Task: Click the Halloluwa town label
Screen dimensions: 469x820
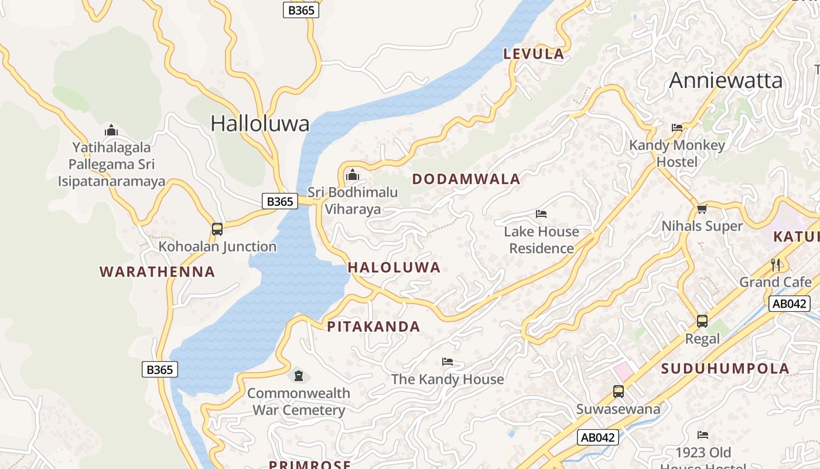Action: pyautogui.click(x=259, y=124)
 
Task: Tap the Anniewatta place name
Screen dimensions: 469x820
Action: pyautogui.click(x=725, y=80)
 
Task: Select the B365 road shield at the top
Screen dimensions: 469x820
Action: pyautogui.click(x=301, y=10)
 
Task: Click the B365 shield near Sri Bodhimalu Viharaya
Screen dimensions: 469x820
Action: pyautogui.click(x=279, y=201)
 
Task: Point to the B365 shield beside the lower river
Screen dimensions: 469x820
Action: pyautogui.click(x=159, y=369)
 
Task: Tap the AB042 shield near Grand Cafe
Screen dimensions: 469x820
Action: pyautogui.click(x=789, y=303)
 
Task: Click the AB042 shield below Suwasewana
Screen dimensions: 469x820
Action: pyautogui.click(x=598, y=437)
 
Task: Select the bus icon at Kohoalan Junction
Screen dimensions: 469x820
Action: pyautogui.click(x=217, y=229)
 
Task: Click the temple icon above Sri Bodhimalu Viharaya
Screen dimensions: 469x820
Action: pyautogui.click(x=353, y=175)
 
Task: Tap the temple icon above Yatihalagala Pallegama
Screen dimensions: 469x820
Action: pyautogui.click(x=111, y=130)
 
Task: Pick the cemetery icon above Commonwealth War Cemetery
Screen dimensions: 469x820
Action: pyautogui.click(x=299, y=375)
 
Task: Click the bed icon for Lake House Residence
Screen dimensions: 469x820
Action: pyautogui.click(x=541, y=214)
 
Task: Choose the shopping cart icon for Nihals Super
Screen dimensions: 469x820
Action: pyautogui.click(x=702, y=209)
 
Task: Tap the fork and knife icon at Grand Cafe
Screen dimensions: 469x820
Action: pyautogui.click(x=775, y=264)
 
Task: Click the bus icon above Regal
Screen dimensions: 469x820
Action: pyautogui.click(x=702, y=321)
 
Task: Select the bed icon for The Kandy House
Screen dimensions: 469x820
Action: pyautogui.click(x=447, y=362)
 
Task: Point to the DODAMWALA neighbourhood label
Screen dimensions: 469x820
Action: pyautogui.click(x=466, y=179)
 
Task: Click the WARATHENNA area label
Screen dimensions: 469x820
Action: pyautogui.click(x=157, y=272)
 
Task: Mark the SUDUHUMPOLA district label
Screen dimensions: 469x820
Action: pyautogui.click(x=725, y=369)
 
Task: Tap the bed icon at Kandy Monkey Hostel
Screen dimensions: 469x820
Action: pyautogui.click(x=677, y=128)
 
